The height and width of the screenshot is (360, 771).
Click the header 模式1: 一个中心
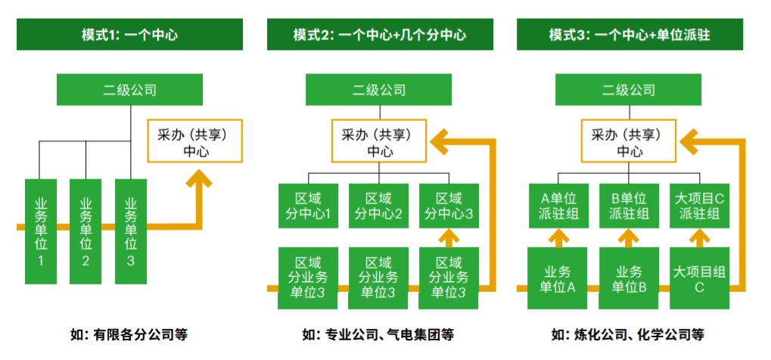[129, 35]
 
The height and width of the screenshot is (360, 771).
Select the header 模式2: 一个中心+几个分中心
[380, 35]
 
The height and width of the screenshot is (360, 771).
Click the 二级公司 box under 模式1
[129, 90]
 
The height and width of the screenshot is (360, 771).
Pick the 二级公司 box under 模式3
[629, 90]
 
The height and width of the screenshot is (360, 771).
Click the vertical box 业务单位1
[41, 231]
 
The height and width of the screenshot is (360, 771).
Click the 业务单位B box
[628, 278]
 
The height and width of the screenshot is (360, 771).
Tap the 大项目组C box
[698, 278]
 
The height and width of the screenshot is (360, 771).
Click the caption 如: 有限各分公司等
[129, 334]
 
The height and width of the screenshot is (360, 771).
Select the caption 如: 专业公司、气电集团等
[379, 334]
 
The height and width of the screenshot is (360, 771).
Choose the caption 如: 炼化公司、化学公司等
[629, 334]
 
